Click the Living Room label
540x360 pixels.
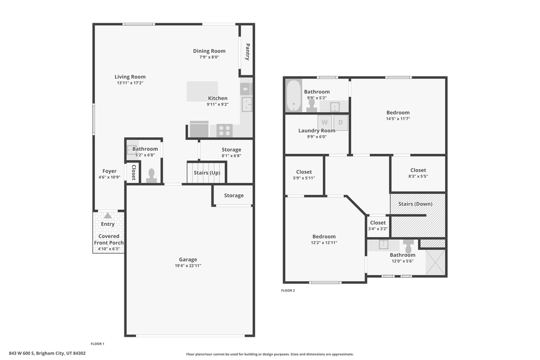[x=130, y=77]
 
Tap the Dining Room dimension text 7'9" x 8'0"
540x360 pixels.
[x=209, y=57]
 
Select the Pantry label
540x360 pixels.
[x=247, y=52]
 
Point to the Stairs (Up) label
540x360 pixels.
[x=207, y=173]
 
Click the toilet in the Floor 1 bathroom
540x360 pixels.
[x=151, y=176]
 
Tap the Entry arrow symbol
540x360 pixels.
[x=108, y=216]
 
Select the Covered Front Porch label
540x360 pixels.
[x=109, y=239]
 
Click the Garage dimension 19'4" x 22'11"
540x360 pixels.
[x=188, y=266]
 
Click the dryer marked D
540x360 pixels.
[x=341, y=122]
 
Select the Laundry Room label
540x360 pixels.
[x=316, y=131]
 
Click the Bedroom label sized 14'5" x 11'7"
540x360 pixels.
[x=398, y=112]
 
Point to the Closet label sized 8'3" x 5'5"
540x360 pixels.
[x=418, y=170]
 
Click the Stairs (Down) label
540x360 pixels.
[x=415, y=204]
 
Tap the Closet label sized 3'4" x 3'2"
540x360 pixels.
[x=378, y=222]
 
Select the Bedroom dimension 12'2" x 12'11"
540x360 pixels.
[x=324, y=243]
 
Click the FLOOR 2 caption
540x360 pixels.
[x=288, y=290]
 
